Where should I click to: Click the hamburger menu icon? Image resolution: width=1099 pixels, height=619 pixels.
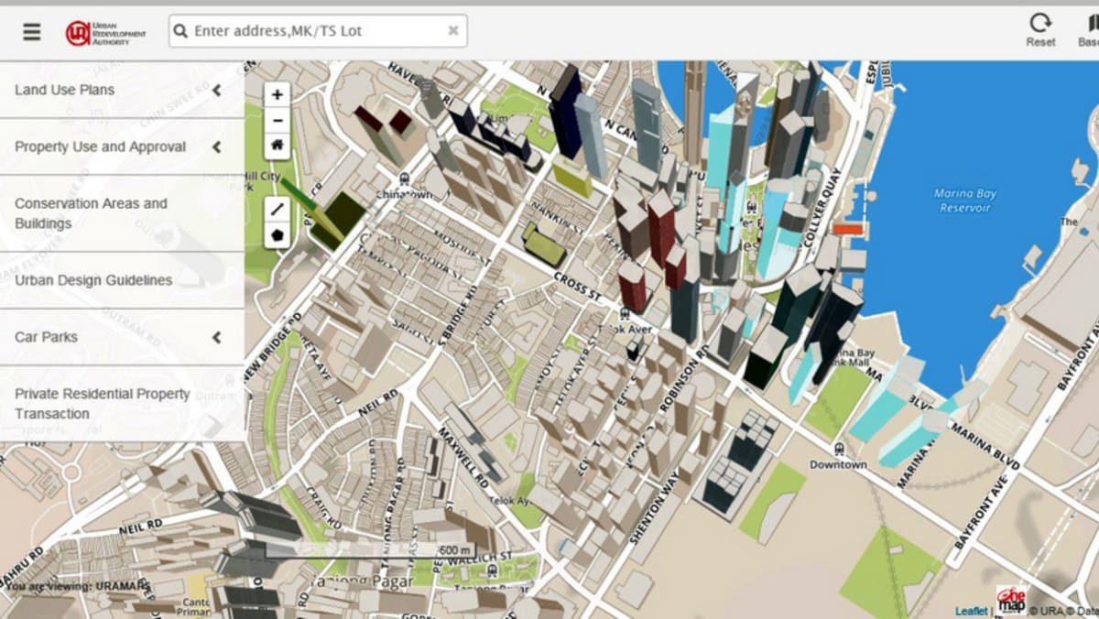[32, 31]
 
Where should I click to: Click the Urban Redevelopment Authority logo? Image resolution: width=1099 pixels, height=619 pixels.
[105, 32]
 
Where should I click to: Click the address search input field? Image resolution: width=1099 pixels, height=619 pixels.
[311, 31]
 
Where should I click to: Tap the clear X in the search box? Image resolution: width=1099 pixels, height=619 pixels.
[452, 31]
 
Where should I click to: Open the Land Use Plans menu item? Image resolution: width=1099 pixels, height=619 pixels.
[65, 90]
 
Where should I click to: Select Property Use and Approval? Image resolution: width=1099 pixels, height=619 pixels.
[100, 147]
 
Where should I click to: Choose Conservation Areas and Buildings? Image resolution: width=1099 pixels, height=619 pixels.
[91, 213]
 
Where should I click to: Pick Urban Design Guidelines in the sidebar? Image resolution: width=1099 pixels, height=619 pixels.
[93, 280]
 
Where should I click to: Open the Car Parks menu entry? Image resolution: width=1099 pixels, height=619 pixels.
[46, 337]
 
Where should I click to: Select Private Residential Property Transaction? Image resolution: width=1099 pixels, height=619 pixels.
[102, 404]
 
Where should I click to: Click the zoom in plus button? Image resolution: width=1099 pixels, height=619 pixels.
[277, 94]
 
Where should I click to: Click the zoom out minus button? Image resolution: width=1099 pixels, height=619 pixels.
[277, 120]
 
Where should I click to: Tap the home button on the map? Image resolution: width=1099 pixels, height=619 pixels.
[277, 145]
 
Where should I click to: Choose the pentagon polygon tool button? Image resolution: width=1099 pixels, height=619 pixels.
[277, 234]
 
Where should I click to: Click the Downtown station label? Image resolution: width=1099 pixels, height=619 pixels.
[838, 464]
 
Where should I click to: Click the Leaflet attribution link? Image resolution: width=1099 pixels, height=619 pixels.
[971, 611]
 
